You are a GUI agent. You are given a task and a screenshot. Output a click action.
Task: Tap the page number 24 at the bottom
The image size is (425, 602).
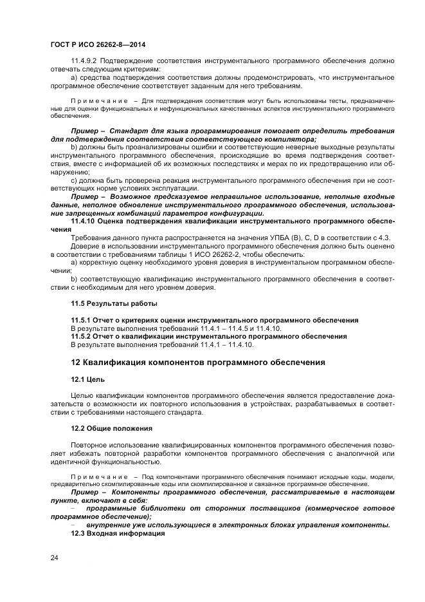point(53,558)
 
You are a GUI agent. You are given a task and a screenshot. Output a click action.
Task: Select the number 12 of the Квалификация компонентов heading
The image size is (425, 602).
point(76,362)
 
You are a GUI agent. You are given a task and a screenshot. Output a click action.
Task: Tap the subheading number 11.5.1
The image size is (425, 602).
point(82,320)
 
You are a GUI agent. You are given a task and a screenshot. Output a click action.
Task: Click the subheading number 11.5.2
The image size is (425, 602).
point(82,336)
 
